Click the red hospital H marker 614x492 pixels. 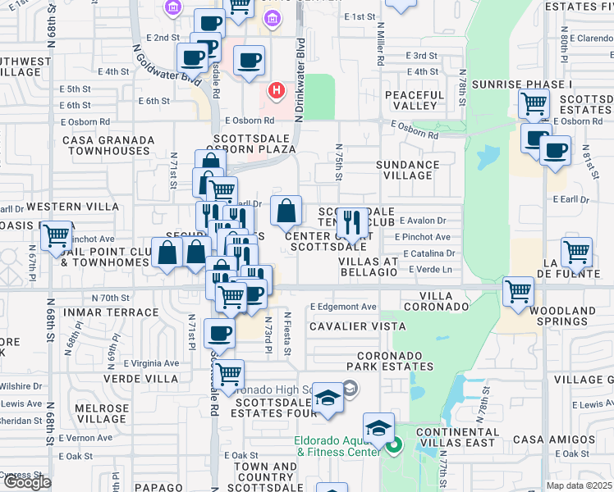coord(277,89)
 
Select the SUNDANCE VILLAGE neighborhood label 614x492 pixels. coord(407,170)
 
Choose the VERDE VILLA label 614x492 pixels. coord(141,379)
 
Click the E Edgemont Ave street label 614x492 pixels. coord(343,307)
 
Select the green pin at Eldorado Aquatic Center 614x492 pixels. coord(393,447)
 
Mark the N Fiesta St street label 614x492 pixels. coord(287,333)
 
